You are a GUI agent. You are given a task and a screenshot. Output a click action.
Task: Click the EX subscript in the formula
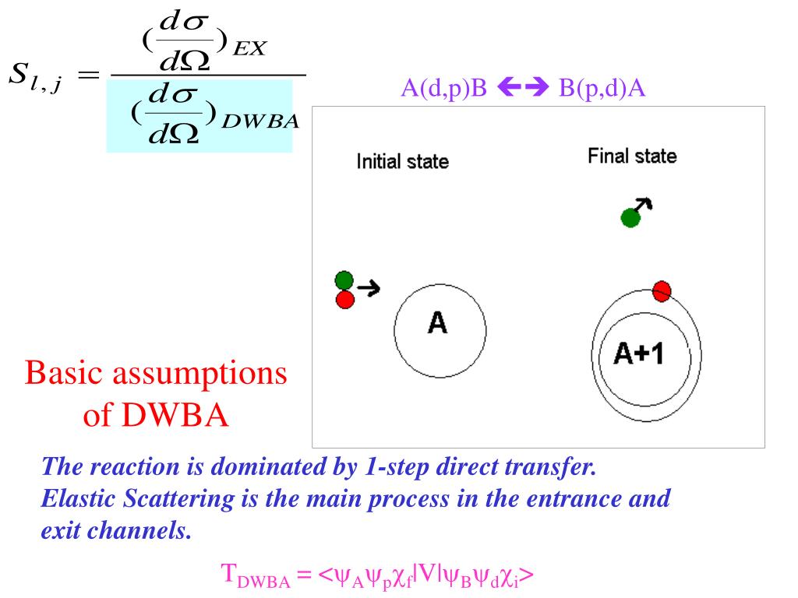[249, 48]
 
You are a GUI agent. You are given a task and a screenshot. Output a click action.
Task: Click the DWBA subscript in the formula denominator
[260, 121]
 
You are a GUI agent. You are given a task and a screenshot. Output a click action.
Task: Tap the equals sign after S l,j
[88, 76]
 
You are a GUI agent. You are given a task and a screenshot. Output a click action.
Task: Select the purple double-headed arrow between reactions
[523, 86]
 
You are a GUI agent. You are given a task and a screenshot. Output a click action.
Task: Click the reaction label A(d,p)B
[443, 87]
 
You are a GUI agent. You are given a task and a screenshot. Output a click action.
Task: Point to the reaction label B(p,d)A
[602, 87]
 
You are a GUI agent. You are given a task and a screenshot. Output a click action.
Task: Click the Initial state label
[403, 161]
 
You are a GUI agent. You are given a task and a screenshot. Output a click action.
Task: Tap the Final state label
[632, 156]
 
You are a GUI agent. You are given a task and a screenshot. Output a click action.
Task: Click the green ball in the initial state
[344, 280]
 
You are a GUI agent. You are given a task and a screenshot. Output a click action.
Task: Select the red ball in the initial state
[345, 300]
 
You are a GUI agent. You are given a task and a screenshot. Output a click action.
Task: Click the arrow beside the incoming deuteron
[369, 288]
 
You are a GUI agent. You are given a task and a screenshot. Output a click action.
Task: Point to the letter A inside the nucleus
[438, 323]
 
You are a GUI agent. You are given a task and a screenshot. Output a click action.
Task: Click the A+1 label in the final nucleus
[639, 354]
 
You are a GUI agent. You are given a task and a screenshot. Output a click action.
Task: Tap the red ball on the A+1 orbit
[661, 291]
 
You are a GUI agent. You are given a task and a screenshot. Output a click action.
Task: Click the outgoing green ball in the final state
[630, 218]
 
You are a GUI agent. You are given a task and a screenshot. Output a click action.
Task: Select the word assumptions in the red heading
[199, 374]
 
